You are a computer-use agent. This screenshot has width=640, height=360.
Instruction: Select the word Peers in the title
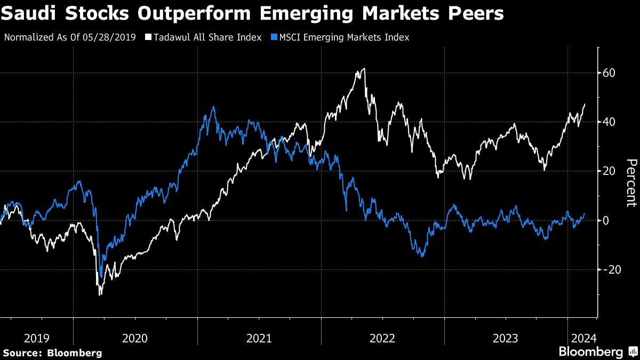click(479, 14)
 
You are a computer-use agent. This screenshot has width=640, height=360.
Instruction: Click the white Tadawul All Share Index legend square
click(148, 37)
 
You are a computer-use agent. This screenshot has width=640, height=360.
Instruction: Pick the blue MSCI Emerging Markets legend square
click(274, 37)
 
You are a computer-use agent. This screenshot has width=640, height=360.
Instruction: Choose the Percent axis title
click(631, 182)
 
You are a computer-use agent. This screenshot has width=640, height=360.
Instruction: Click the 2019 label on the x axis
click(37, 338)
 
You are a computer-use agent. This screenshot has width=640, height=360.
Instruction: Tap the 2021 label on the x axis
click(259, 338)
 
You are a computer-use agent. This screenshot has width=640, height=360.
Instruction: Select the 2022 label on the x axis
click(382, 338)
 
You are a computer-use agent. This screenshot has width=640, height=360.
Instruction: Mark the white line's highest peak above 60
click(364, 68)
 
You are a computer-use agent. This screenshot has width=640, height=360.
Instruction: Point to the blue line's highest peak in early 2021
click(214, 107)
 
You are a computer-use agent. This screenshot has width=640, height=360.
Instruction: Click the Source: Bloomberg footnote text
click(52, 353)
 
